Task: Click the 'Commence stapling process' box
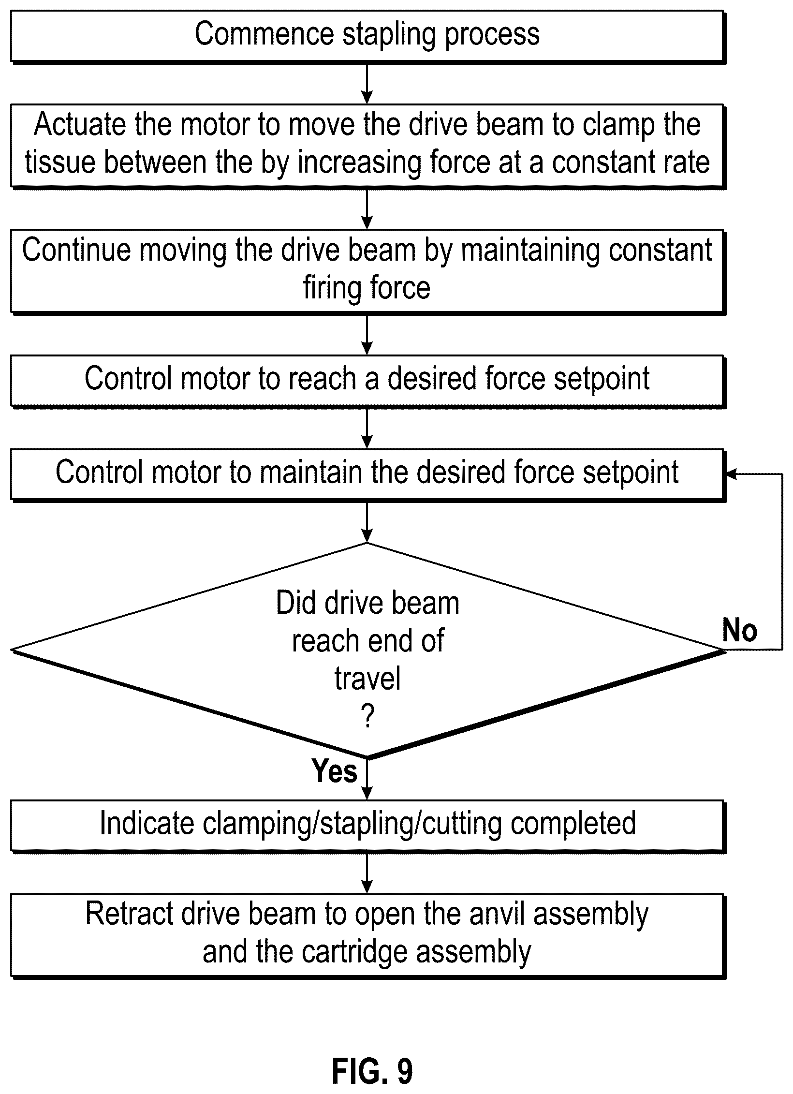(x=367, y=36)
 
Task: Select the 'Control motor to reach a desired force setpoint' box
(x=367, y=381)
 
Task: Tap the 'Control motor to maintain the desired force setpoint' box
(x=367, y=475)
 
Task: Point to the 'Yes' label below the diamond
(x=334, y=770)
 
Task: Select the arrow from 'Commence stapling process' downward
(x=367, y=83)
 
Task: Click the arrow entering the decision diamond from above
(x=367, y=522)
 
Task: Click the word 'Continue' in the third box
(x=76, y=250)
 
